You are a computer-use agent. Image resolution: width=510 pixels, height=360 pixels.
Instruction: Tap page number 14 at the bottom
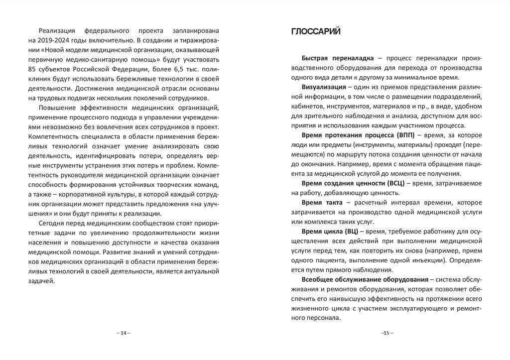point(123,333)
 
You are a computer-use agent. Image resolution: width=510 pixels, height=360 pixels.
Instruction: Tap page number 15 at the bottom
point(386,333)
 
